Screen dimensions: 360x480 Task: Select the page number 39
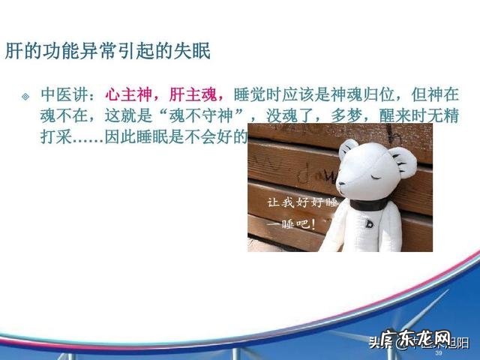coord(439,352)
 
